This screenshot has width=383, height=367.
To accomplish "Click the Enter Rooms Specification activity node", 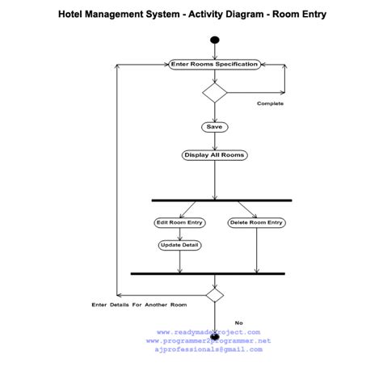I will coord(214,64).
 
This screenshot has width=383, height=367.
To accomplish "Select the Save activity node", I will coord(214,127).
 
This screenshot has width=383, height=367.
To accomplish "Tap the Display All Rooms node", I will coord(214,154).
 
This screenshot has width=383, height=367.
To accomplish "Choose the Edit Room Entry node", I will coord(179,222).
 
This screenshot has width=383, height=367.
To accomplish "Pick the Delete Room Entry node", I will coord(256,222).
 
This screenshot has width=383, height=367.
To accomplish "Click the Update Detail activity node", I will coord(179,245).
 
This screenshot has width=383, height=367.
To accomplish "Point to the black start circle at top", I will coord(214,40).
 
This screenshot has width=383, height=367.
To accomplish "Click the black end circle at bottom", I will coord(214,335).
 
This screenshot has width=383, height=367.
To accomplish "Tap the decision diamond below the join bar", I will coord(214,295).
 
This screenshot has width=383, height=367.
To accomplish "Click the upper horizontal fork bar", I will coord(221,200).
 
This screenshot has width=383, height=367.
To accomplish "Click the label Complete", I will coord(270,103).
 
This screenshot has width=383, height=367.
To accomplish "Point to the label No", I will coord(238,323).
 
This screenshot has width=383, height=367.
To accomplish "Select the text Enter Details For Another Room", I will coord(139,305).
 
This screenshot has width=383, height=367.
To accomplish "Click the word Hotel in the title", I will coord(73,15).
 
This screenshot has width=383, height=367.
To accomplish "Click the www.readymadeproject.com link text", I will coord(208,332).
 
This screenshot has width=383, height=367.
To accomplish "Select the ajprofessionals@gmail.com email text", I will coord(208,350).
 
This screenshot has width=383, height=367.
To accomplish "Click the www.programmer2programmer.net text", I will coord(208,341).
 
